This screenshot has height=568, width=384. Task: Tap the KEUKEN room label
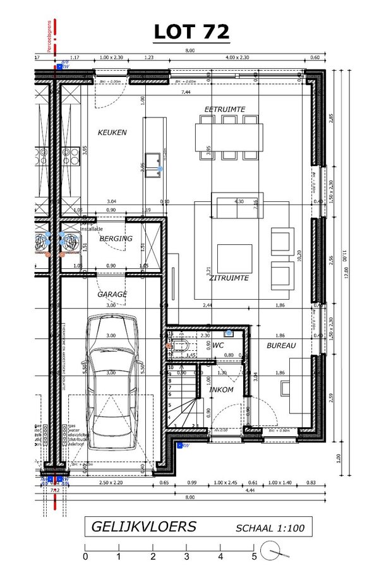coord(112,133)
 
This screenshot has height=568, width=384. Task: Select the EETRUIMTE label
coord(224,110)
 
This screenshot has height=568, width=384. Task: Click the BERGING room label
coord(116,239)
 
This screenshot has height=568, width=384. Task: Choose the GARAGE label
coord(112,294)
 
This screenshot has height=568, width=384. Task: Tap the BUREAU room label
coord(280,345)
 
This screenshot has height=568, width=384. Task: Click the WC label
coord(218,346)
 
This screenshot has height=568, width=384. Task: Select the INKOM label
coord(221,389)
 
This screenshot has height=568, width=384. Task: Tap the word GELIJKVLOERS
coord(143,526)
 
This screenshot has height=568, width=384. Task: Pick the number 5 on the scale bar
coord(254,557)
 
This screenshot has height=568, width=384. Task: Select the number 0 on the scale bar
coord(85,557)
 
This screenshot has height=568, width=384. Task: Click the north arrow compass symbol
coord(278,553)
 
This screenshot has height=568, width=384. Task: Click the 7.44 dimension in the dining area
coord(186,93)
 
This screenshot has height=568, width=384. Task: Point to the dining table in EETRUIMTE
coord(228,136)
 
